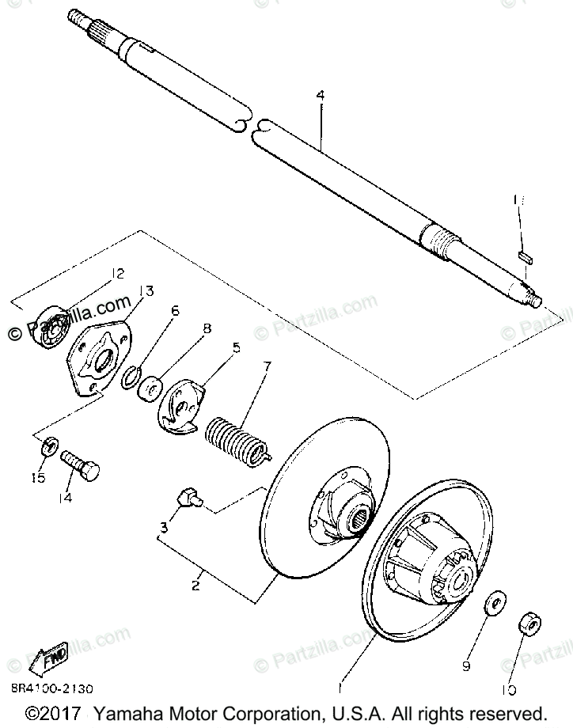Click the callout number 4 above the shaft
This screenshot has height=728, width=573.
(x=320, y=96)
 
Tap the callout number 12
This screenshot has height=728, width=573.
(x=117, y=274)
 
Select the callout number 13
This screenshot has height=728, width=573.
(x=146, y=290)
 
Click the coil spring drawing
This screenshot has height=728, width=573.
(x=236, y=439)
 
